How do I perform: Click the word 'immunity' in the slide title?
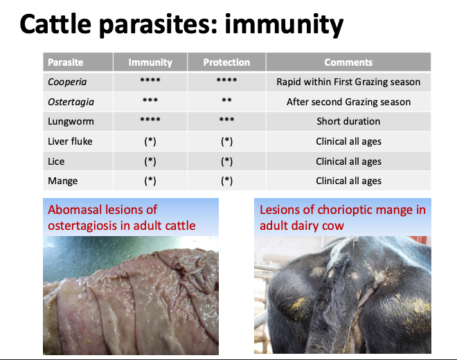click(284, 26)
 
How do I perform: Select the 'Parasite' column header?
click(66, 62)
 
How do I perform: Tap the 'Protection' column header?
click(226, 62)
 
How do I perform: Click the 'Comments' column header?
click(348, 62)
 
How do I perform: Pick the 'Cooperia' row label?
click(67, 82)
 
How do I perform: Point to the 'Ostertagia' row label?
click(71, 102)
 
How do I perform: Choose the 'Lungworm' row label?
click(71, 121)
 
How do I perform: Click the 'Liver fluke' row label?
click(70, 141)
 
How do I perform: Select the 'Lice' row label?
click(56, 161)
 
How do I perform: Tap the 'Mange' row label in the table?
click(62, 181)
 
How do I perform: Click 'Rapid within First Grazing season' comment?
click(348, 82)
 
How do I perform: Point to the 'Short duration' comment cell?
click(348, 121)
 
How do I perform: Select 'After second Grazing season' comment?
click(348, 102)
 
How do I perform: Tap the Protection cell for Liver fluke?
click(226, 141)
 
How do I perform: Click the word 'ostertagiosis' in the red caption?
click(89, 226)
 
